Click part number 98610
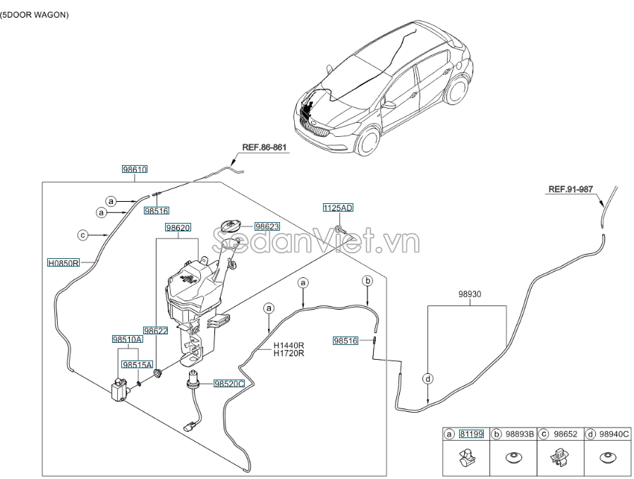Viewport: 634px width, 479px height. tap(134, 169)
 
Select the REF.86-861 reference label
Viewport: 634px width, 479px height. tap(264, 148)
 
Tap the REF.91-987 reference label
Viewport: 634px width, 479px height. tap(570, 189)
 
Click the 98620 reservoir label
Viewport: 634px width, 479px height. tap(178, 228)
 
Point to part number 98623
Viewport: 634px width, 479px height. tap(267, 226)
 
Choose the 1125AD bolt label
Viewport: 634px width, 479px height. tap(338, 207)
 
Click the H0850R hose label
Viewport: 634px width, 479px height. tap(63, 262)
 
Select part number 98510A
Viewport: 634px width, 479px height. tap(127, 339)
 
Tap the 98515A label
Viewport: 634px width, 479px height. tap(136, 365)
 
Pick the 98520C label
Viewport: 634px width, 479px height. tap(228, 384)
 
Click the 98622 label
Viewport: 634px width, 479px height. tap(155, 330)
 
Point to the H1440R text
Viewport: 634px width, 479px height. tap(289, 346)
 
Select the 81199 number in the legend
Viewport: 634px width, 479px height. tap(471, 435)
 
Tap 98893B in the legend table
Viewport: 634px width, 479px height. tap(519, 435)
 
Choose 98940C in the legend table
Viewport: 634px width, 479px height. tap(615, 435)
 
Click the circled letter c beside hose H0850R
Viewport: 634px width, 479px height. tap(82, 235)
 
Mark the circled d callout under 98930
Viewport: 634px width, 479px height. tap(428, 379)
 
